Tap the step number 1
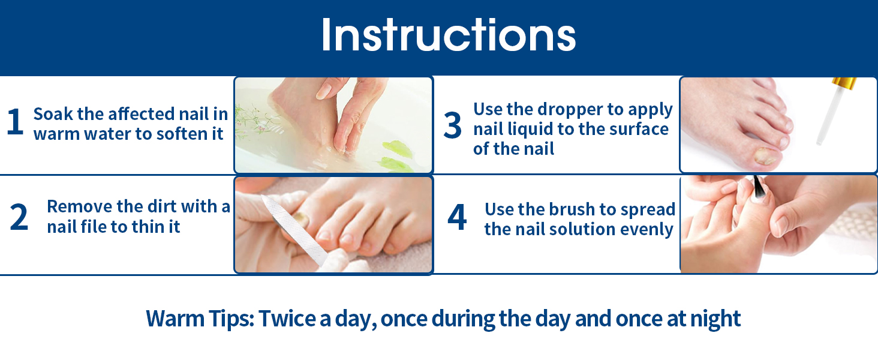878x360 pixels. click(x=15, y=122)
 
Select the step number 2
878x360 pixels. click(x=19, y=218)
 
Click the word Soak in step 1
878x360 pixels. click(x=53, y=113)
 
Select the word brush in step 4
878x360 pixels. click(x=561, y=209)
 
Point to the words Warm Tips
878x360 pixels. click(x=200, y=319)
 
